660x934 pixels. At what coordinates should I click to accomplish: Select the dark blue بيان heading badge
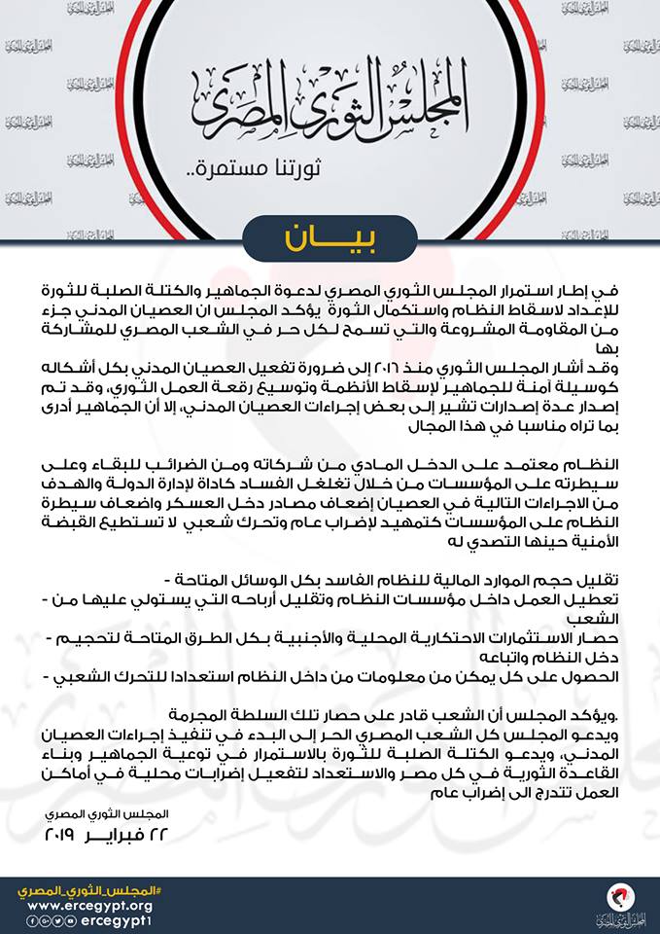330,236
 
